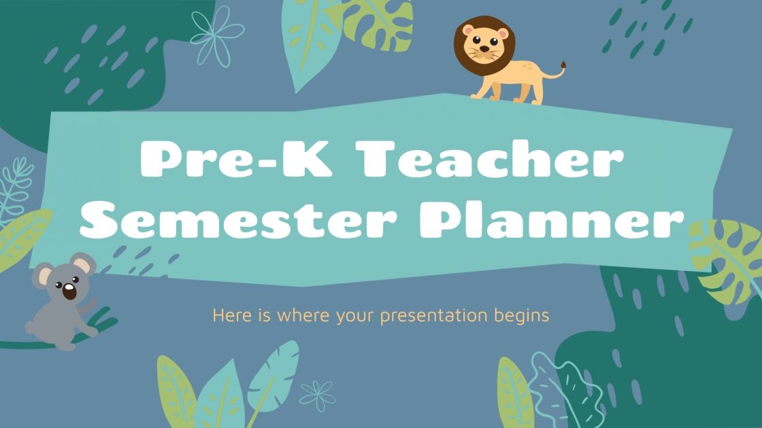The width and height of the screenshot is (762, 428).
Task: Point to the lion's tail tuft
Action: point(563,66)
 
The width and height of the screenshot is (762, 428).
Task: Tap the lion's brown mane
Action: point(464,34)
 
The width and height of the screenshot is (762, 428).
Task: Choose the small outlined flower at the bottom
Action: point(317,395)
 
